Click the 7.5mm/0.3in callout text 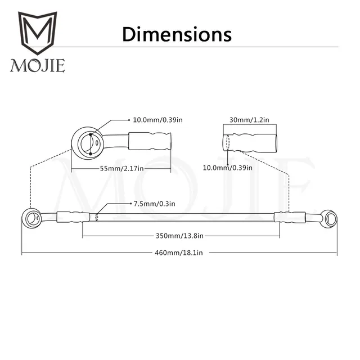[x=154, y=203]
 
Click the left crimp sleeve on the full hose [x=72, y=215]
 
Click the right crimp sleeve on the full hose [x=290, y=216]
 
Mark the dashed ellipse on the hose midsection [x=96, y=216]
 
